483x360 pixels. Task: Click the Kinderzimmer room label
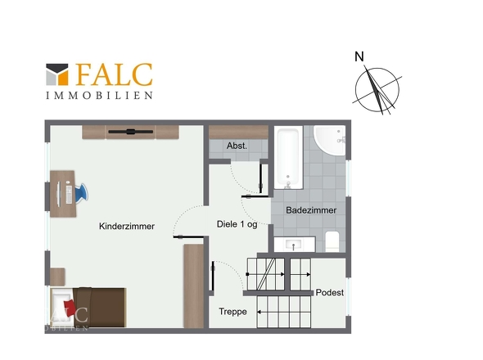coord(127,227)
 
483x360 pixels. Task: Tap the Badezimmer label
coord(311,210)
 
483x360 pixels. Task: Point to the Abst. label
coord(226,146)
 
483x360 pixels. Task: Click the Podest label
coord(329,293)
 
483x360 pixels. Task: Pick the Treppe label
coord(232,312)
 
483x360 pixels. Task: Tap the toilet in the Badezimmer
coord(332,241)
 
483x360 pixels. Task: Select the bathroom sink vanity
coord(293,243)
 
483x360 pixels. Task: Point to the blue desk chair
coord(79,193)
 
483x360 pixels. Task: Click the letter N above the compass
coord(359,56)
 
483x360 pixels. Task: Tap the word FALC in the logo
coord(114,74)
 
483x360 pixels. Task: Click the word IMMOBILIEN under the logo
coord(98,95)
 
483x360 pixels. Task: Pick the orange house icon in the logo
coord(57,75)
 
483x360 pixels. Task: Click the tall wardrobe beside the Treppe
coord(194,286)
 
